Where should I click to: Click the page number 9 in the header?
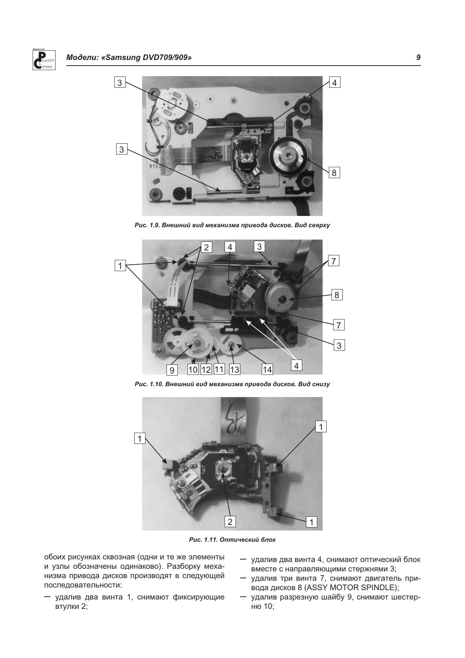click(x=418, y=58)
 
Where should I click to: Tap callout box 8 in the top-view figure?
click(x=334, y=173)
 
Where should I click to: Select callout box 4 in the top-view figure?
click(x=334, y=82)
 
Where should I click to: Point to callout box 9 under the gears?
click(x=172, y=370)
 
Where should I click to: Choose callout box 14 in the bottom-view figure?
click(x=267, y=370)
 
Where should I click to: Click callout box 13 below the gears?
click(x=234, y=370)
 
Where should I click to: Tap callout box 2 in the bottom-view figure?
click(x=206, y=247)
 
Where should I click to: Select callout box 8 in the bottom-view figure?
click(x=337, y=295)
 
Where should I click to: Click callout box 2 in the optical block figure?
click(x=230, y=521)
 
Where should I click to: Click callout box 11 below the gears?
click(x=219, y=369)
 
